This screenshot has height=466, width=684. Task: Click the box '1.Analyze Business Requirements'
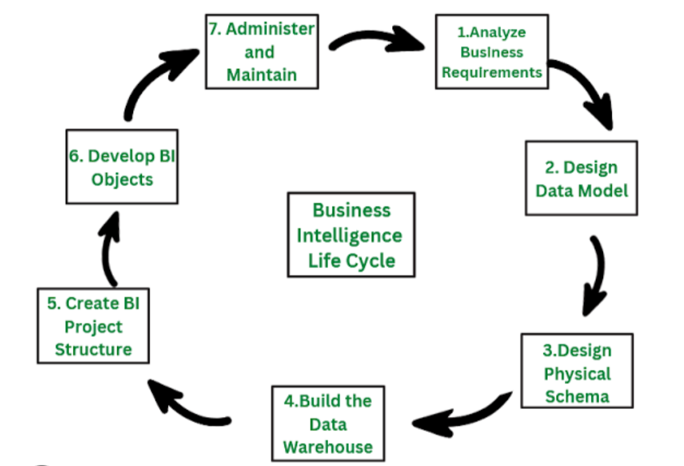tap(491, 52)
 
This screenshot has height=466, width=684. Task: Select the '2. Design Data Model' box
tap(581, 178)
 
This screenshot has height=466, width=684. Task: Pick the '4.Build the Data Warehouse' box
tap(327, 423)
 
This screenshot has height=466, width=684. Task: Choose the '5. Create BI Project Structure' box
tap(93, 326)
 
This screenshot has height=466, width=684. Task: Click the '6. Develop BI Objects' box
tap(122, 167)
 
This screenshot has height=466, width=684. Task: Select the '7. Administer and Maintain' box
tap(262, 51)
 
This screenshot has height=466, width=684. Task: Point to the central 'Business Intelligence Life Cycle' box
tap(351, 235)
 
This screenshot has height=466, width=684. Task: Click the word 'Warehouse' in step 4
tap(327, 446)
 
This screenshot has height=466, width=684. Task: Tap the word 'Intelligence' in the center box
tap(349, 236)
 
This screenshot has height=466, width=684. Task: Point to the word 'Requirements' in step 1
tap(491, 72)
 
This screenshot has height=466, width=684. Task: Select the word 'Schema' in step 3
tap(577, 396)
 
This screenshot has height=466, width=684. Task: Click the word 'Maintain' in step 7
tap(262, 74)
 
